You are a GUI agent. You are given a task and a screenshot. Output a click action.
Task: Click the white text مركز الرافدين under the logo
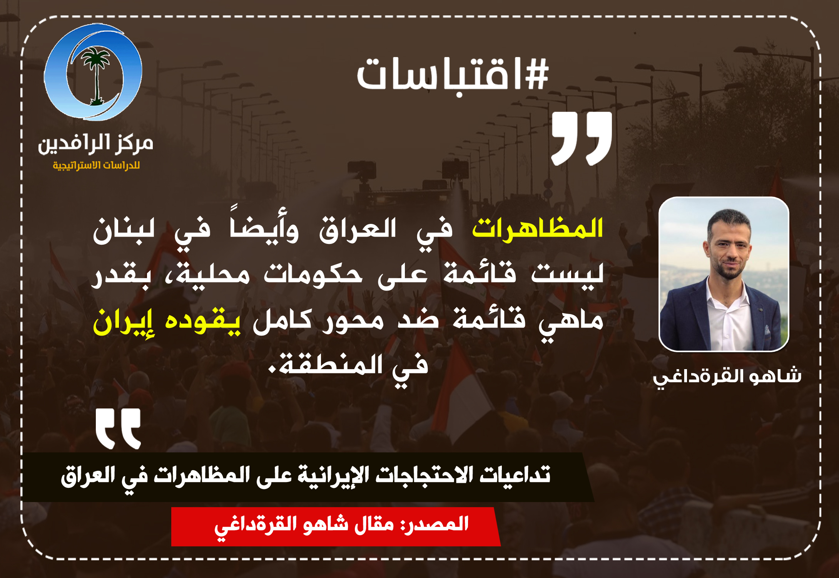(x=95, y=144)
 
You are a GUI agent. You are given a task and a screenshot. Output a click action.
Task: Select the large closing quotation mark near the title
(x=582, y=139)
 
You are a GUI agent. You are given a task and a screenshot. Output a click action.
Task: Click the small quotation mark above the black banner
(x=118, y=429)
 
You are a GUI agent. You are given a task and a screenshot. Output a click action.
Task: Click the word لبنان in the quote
(x=124, y=230)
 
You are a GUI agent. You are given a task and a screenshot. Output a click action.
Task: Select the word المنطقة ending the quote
(x=326, y=364)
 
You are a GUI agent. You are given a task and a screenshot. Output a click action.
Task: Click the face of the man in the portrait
(x=728, y=247)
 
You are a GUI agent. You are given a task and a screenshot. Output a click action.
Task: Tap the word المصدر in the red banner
(x=435, y=524)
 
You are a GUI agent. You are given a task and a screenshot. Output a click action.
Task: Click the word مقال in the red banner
(x=374, y=524)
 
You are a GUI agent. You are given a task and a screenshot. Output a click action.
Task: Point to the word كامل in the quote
(x=282, y=321)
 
